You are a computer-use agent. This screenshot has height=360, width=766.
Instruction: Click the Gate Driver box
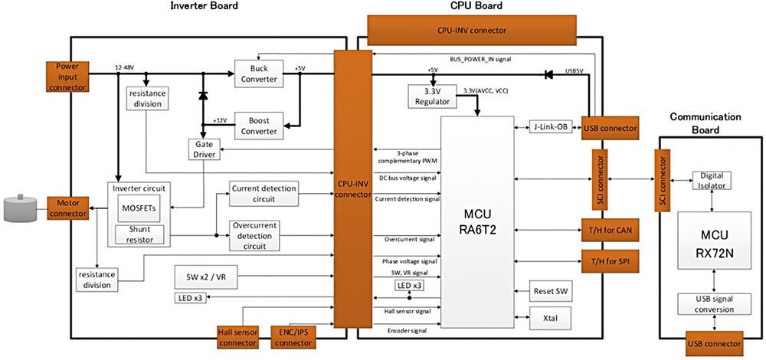click(x=203, y=149)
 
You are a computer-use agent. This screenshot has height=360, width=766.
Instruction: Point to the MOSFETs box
click(x=139, y=208)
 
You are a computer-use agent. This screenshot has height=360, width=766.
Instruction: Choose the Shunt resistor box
click(x=139, y=234)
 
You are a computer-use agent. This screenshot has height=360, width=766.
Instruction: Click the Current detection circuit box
click(x=264, y=194)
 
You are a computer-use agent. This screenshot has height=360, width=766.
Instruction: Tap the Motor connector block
click(x=68, y=208)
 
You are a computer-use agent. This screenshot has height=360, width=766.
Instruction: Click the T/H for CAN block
click(x=611, y=229)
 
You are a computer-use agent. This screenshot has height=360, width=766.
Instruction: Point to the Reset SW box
click(x=550, y=292)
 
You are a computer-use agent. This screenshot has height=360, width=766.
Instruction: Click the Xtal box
click(x=550, y=316)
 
